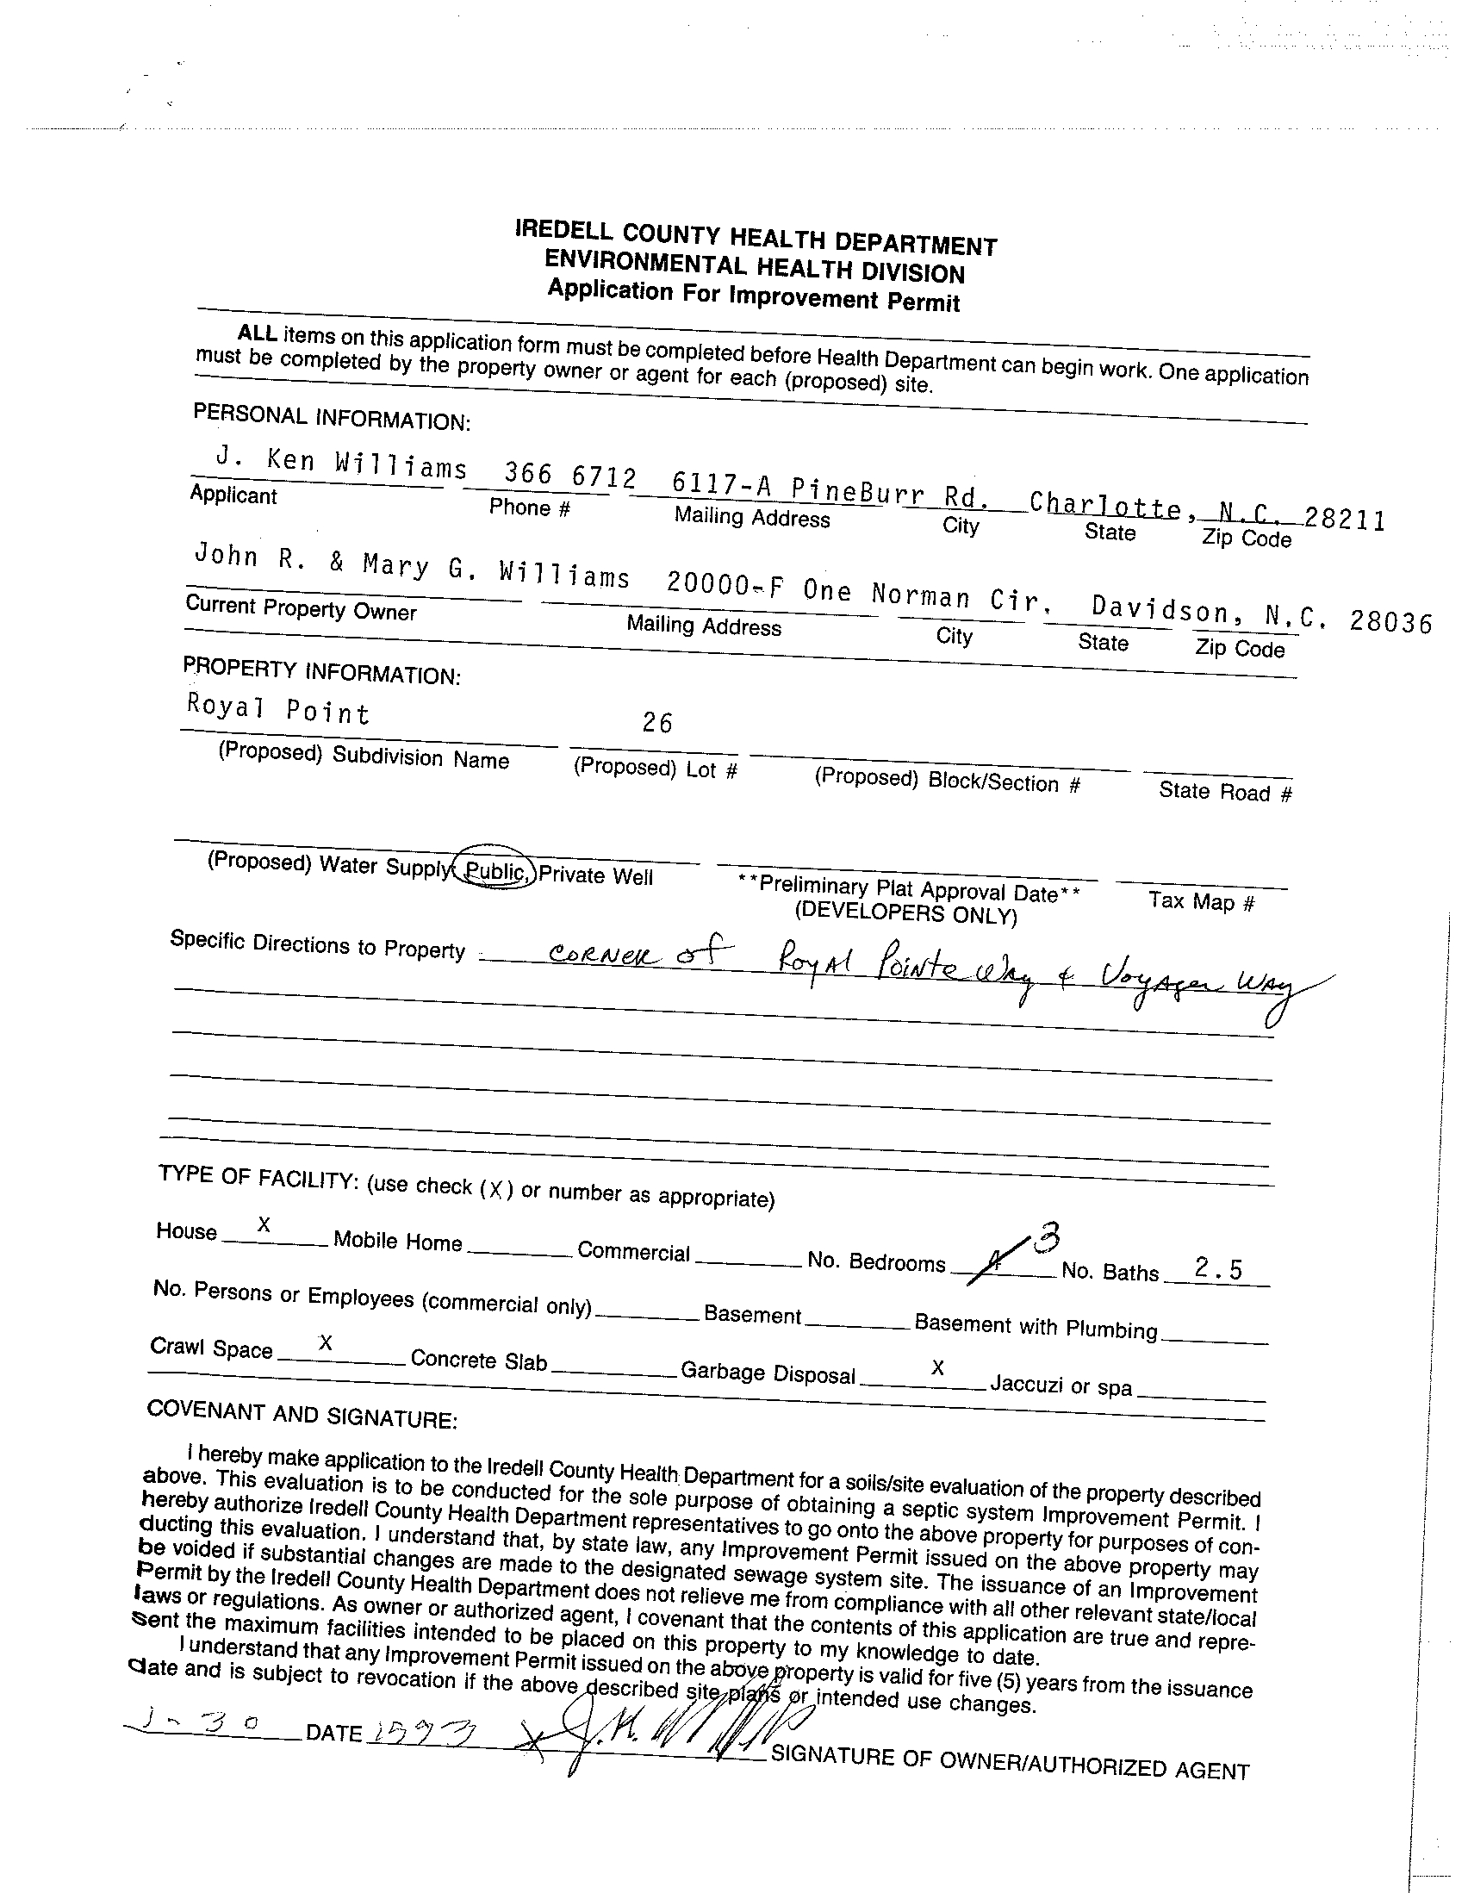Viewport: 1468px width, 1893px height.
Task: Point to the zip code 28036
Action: point(1390,621)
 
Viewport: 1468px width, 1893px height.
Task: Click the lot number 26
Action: point(656,722)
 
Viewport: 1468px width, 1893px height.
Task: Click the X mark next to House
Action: point(264,1224)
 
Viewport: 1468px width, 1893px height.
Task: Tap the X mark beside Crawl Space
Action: point(325,1342)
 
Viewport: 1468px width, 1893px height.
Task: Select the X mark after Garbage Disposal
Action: point(936,1367)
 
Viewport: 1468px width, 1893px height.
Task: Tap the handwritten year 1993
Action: point(422,1733)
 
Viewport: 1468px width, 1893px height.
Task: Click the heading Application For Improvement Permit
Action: point(753,296)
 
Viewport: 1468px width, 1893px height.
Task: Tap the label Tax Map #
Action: point(1201,901)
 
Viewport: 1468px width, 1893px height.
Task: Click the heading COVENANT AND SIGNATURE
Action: point(302,1413)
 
